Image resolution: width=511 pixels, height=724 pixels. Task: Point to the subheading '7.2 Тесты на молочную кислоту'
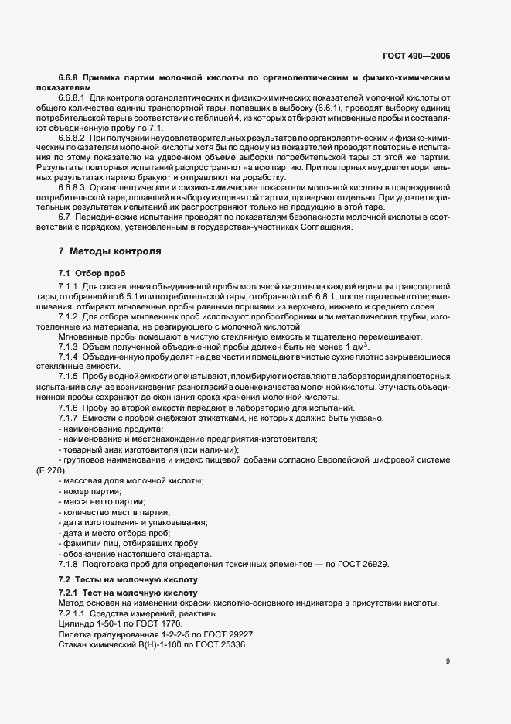[128, 579]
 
